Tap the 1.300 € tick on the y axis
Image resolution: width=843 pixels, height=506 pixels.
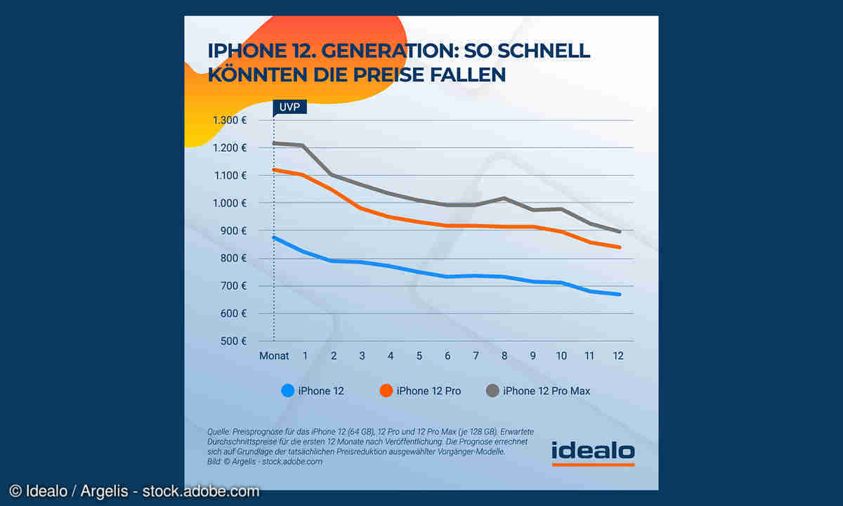(229, 120)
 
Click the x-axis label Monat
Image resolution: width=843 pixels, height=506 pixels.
(274, 356)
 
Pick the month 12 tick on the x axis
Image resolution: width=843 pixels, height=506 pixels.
(618, 356)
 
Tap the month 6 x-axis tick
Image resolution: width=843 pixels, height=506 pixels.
(447, 356)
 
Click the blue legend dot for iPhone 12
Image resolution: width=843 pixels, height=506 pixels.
(287, 391)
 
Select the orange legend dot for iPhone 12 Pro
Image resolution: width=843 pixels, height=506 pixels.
(386, 391)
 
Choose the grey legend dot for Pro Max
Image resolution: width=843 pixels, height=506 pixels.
(492, 391)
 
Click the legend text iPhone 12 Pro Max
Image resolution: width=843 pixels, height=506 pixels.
(547, 391)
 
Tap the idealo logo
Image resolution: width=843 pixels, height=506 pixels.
(593, 453)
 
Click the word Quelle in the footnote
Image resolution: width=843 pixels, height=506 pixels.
(218, 431)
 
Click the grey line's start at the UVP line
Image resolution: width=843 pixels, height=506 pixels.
(274, 143)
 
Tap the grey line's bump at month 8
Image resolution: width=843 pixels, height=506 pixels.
(504, 198)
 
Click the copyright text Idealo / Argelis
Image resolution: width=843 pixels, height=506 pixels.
(133, 491)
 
